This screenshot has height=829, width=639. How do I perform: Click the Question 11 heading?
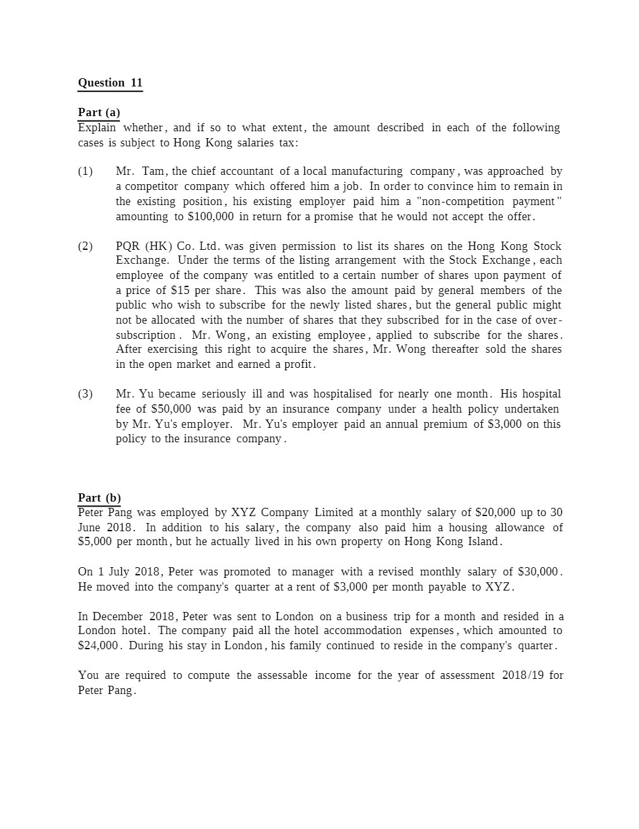(110, 83)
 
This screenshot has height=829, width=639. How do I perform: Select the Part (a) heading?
(99, 112)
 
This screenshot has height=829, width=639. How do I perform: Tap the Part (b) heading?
(99, 498)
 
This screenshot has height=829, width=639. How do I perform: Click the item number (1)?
(85, 171)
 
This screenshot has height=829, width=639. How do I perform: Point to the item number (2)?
(85, 246)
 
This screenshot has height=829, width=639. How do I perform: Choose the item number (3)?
(85, 394)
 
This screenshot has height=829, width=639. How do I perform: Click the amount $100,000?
(211, 216)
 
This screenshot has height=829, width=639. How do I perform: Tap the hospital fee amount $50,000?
(171, 409)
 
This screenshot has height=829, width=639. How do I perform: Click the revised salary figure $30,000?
(538, 572)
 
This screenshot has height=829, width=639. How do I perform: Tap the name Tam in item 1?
(153, 171)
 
